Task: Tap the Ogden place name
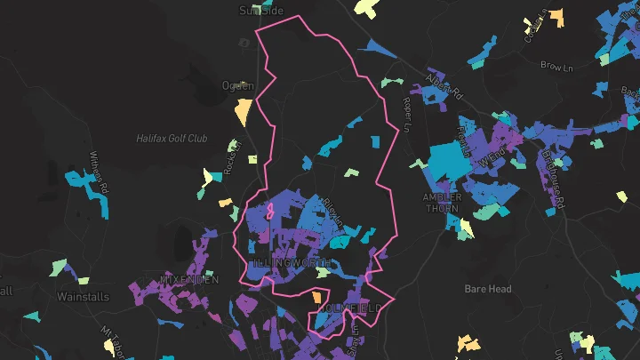click(x=237, y=86)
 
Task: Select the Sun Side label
click(x=260, y=11)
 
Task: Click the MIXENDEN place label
click(x=189, y=280)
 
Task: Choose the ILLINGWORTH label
click(x=293, y=265)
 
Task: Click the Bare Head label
click(x=488, y=289)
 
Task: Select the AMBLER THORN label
click(x=441, y=203)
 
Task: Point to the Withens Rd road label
click(x=98, y=170)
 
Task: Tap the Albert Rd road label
click(x=444, y=86)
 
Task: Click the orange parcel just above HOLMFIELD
click(x=317, y=296)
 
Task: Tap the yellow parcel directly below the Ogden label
click(x=242, y=112)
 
